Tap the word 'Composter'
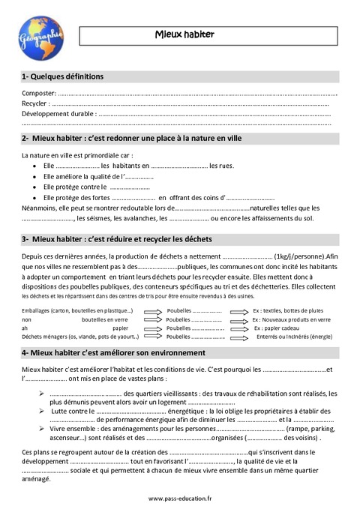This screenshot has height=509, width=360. tap(37, 93)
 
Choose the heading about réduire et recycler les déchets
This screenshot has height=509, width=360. tap(118, 240)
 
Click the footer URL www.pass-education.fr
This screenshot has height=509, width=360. tap(179, 498)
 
